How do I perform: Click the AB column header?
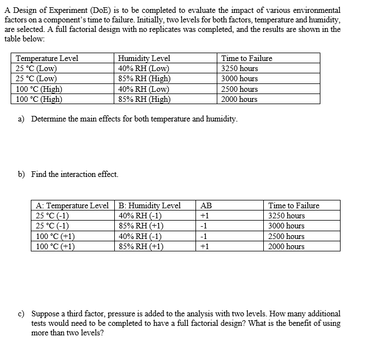[x=206, y=205]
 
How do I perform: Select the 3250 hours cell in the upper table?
[x=240, y=68]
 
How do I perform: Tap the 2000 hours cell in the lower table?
[x=286, y=246]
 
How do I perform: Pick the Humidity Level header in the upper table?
[x=144, y=58]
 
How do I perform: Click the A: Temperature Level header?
[x=72, y=205]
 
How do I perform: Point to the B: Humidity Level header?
[x=150, y=205]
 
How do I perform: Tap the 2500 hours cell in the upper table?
[x=240, y=89]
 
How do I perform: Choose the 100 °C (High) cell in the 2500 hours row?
[x=39, y=89]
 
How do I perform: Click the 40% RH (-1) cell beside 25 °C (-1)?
[x=141, y=216]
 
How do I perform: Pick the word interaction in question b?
[x=72, y=174]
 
